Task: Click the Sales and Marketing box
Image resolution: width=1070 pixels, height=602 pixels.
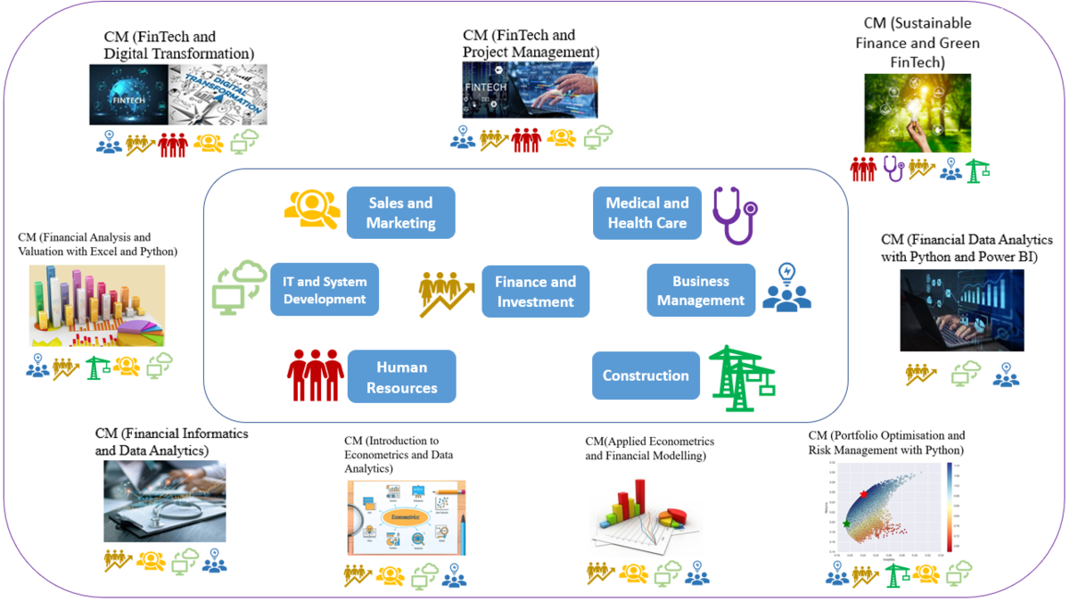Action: [400, 212]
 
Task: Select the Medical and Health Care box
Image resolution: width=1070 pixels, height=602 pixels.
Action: [647, 213]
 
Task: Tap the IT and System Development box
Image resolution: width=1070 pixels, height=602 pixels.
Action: [325, 289]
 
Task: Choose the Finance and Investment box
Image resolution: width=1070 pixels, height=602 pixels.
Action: [535, 291]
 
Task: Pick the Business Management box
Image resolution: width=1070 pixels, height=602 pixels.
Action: [701, 290]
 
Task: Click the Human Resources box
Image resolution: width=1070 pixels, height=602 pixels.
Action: [401, 376]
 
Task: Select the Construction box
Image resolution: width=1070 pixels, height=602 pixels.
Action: [646, 375]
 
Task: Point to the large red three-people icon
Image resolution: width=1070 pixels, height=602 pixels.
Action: [316, 375]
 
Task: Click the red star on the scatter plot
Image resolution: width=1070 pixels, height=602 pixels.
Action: [863, 493]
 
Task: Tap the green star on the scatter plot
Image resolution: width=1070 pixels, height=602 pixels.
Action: [846, 524]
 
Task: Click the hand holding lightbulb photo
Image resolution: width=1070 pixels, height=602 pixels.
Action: [917, 112]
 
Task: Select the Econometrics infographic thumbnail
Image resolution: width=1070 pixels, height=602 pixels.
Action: [406, 518]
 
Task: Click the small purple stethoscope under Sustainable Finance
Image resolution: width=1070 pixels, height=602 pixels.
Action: [893, 168]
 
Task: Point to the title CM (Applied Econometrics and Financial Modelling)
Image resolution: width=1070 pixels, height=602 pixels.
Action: [649, 449]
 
